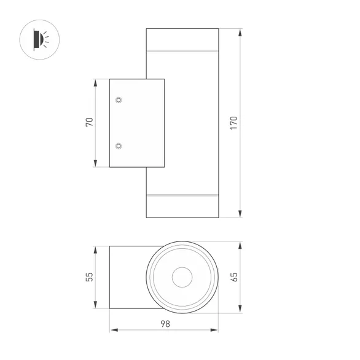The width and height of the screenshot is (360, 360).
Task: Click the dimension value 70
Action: (89, 123)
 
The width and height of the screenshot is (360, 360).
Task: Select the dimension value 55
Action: (89, 278)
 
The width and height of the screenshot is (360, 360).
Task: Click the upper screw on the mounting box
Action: (119, 100)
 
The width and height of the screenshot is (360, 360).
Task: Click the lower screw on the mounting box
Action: (119, 146)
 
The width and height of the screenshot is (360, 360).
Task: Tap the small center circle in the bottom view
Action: (182, 278)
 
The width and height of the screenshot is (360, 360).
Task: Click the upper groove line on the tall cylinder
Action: (182, 49)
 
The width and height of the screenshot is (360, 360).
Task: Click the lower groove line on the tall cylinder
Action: (182, 197)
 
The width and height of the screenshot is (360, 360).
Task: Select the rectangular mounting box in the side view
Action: (136, 123)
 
